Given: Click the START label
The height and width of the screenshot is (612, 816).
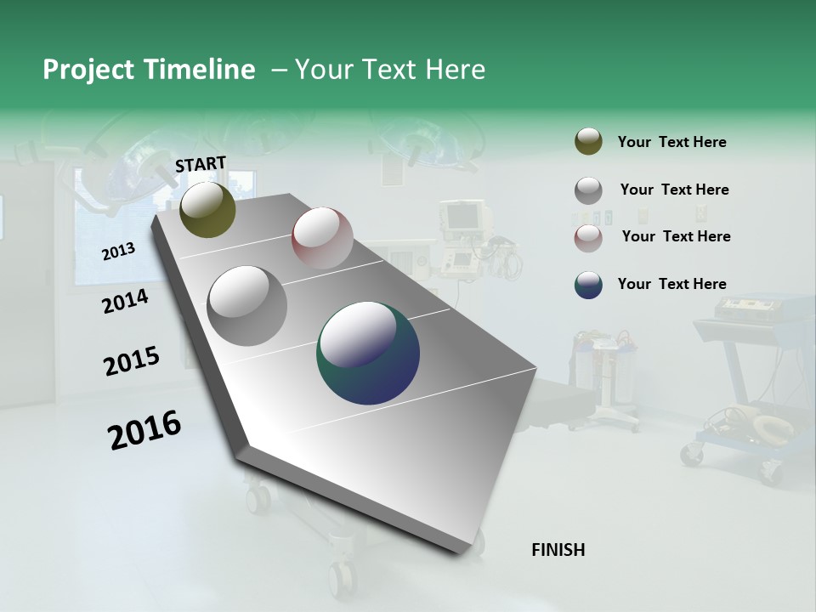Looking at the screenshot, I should pos(201,164).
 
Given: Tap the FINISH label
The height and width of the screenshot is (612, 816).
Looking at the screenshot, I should pos(558,550).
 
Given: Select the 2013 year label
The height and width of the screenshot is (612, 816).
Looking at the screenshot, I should pos(118,251).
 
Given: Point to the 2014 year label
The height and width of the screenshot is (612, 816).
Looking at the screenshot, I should pos(125,301).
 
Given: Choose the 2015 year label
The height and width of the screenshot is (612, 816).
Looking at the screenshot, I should pos(131,361).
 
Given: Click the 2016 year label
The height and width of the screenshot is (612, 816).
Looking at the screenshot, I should pos(144,430).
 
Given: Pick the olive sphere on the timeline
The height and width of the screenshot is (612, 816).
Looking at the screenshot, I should pos(207,209).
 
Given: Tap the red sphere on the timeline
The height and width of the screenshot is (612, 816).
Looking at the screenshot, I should pos(322,238).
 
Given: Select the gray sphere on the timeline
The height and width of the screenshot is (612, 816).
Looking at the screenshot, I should pos(246,305).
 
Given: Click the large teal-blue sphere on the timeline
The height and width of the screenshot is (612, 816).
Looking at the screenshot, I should pos(368,353).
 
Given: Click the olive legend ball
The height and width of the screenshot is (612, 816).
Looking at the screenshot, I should pos(588,141).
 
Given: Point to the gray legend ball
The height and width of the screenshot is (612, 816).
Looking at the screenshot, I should pos(588,190).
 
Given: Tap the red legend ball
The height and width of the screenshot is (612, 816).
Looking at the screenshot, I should pos(588,238).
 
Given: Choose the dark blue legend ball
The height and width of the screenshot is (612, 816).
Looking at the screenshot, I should pos(588,285).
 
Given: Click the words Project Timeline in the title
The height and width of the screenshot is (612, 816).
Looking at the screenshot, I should pos(149,70).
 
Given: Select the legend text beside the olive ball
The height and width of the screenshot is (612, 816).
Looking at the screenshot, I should pos(671,142).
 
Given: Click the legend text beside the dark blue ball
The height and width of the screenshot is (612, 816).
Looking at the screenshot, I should pos(671,284).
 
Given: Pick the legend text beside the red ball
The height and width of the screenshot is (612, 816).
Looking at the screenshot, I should pos(676,236).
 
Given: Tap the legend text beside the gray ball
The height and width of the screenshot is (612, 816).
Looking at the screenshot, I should pos(674,190).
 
